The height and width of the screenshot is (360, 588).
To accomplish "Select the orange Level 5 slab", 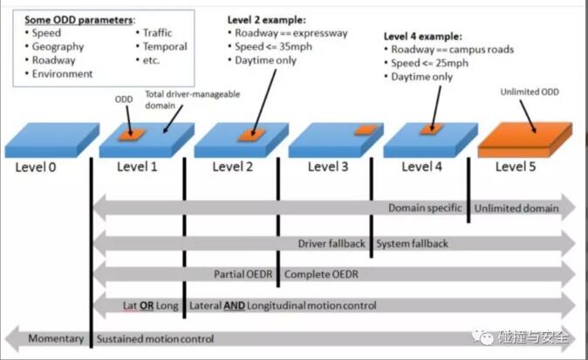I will click(x=523, y=138).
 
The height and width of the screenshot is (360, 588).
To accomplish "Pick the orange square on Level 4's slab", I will click(x=429, y=130).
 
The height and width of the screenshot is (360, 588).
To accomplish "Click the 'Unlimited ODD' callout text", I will click(x=529, y=92).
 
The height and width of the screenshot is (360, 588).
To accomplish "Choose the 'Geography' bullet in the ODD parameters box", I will click(x=58, y=47).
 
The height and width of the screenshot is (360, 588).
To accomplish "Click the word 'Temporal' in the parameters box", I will click(x=165, y=47).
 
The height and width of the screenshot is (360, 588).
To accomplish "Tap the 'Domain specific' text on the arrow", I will click(x=427, y=208).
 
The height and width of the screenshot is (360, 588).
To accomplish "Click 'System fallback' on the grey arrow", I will click(x=412, y=243).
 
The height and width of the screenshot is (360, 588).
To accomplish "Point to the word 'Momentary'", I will click(x=56, y=337).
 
